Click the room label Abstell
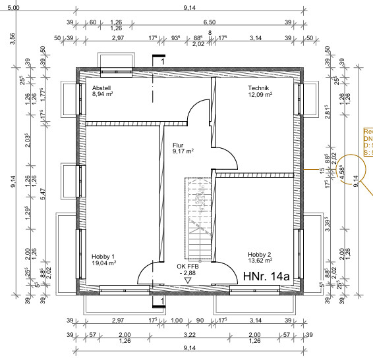point(101,88)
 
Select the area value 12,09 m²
point(260,95)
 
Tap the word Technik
point(259,88)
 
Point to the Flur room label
point(178,145)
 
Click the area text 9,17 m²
point(183,151)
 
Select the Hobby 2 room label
point(259,254)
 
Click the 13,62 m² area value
point(260,261)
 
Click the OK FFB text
point(188,266)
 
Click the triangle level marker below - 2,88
point(188,280)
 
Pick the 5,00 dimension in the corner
point(12,7)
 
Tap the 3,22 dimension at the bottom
point(188,334)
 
